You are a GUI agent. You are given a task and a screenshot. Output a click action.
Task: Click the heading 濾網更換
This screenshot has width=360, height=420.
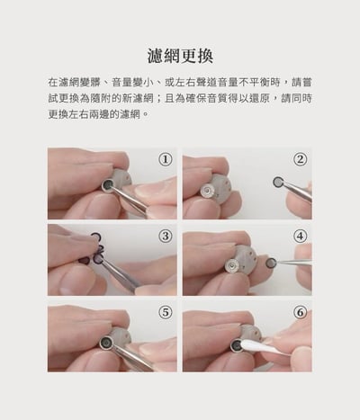pyautogui.click(x=179, y=56)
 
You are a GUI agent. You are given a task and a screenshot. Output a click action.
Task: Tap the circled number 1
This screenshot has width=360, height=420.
pyautogui.click(x=165, y=159)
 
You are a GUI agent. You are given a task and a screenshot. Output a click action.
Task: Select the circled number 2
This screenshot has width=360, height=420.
pyautogui.click(x=300, y=159)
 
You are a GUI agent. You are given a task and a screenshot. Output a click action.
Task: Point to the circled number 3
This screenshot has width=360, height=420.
pyautogui.click(x=165, y=236)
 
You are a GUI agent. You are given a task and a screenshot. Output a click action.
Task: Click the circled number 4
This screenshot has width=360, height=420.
pyautogui.click(x=300, y=236)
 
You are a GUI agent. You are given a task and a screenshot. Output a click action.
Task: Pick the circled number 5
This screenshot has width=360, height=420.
pyautogui.click(x=165, y=312)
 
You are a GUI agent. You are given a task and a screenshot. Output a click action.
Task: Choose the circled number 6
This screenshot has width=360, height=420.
pyautogui.click(x=300, y=312)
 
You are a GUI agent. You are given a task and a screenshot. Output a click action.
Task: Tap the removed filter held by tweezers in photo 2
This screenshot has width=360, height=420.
pyautogui.click(x=278, y=182)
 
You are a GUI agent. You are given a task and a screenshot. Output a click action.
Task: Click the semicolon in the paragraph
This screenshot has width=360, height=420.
pyautogui.click(x=159, y=99)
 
